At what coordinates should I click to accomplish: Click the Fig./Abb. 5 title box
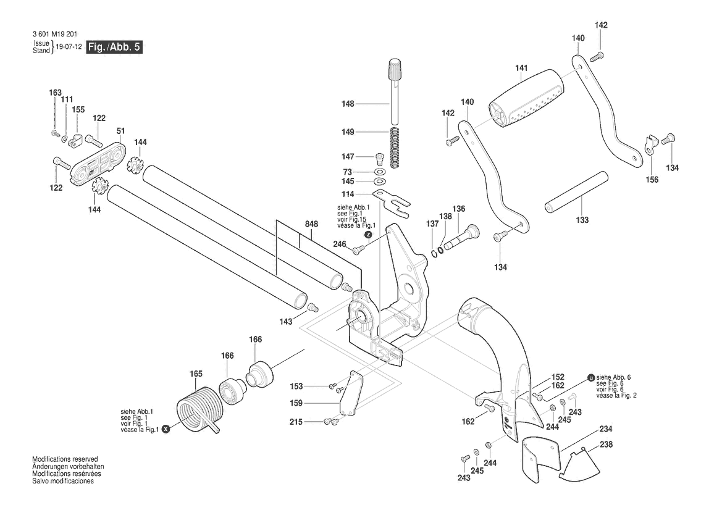point(115,47)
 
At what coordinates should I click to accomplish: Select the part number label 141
point(521,68)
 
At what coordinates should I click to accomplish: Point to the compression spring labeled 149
point(395,148)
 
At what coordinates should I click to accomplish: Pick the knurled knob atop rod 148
point(395,69)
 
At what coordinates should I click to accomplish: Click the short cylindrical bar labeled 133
point(577,192)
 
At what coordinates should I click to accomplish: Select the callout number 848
point(311,224)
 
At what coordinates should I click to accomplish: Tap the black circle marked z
point(368,235)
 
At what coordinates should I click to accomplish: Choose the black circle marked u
point(591,377)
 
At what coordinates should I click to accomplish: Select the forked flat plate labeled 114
point(391,202)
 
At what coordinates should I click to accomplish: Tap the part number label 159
point(296,403)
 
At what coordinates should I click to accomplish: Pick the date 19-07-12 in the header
point(69,47)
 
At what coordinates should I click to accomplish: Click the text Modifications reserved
point(65,459)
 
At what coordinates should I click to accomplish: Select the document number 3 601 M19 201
point(55,34)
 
